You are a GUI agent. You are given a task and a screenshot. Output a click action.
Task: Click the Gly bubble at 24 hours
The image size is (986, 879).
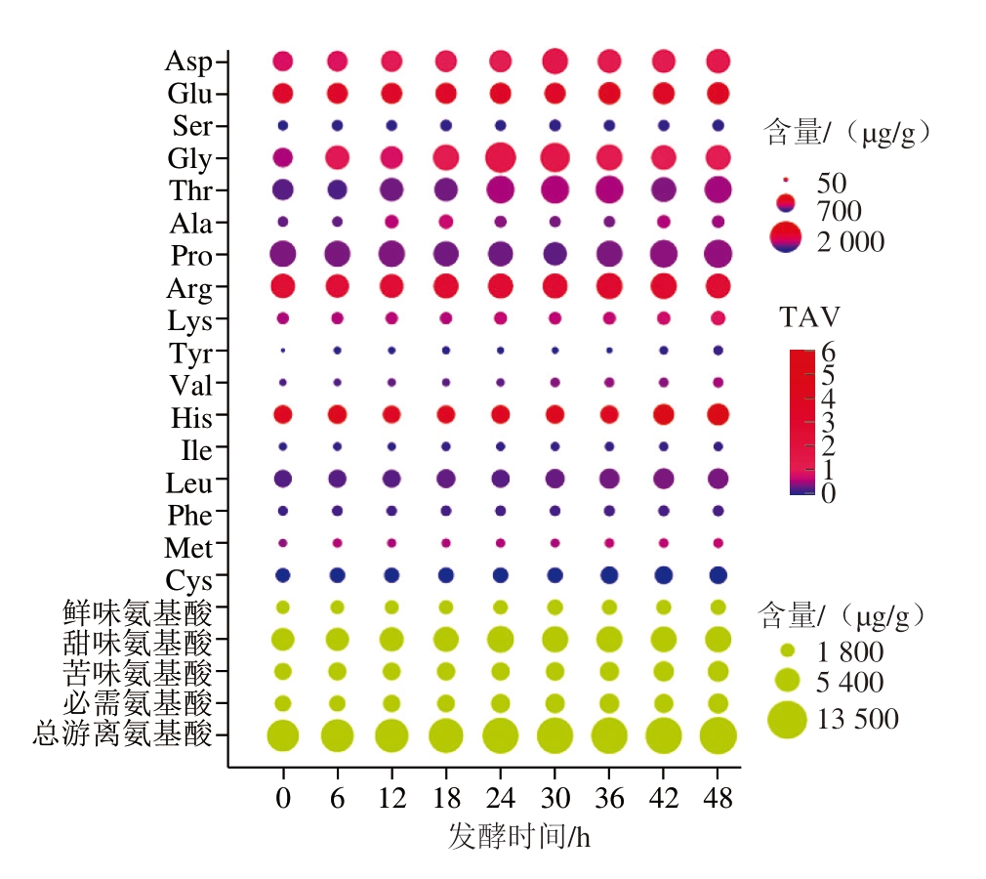(x=501, y=157)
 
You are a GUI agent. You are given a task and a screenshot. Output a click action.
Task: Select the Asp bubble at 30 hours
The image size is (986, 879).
(x=555, y=62)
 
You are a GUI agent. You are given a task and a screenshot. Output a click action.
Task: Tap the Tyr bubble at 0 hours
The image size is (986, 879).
(x=283, y=350)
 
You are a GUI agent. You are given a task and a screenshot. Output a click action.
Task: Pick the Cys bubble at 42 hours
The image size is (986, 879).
(x=664, y=574)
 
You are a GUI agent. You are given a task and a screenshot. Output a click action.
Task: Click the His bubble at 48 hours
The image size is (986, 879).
(x=718, y=414)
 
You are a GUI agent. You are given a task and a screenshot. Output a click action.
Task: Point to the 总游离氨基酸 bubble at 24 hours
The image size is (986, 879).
(x=501, y=735)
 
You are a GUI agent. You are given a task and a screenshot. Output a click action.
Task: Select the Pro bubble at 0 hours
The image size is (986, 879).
(x=283, y=254)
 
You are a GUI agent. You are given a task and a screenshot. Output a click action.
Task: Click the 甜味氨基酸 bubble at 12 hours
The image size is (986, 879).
(x=391, y=639)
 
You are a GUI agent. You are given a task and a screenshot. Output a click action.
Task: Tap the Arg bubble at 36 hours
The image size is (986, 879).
(x=609, y=286)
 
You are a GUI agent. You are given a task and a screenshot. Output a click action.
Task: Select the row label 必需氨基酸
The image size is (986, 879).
(x=137, y=702)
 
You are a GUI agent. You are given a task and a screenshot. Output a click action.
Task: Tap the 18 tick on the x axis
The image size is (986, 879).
(x=446, y=798)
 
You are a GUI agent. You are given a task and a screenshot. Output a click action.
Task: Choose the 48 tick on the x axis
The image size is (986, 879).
(x=718, y=798)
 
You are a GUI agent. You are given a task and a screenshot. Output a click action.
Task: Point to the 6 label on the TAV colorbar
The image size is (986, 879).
(x=828, y=351)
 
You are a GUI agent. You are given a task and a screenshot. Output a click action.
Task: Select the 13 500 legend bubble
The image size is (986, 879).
(x=786, y=720)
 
